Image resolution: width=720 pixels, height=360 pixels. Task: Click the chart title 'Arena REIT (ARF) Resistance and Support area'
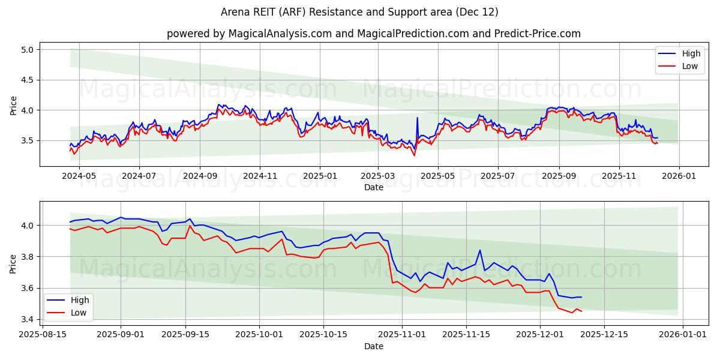(359, 12)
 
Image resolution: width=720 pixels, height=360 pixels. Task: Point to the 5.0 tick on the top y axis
(28, 49)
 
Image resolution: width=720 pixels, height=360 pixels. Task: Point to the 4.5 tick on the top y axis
(28, 80)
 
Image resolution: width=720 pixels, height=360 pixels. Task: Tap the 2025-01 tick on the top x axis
(319, 176)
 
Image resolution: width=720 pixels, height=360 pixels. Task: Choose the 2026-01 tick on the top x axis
(679, 176)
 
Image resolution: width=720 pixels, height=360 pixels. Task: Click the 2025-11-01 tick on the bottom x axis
(402, 333)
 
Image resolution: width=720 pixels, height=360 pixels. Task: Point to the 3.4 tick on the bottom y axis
(28, 319)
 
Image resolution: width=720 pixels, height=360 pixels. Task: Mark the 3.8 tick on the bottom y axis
(28, 257)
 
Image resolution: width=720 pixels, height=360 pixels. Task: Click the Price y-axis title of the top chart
(13, 105)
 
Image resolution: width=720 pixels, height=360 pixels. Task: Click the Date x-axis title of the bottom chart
(373, 346)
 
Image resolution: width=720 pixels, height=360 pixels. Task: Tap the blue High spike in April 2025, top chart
(417, 118)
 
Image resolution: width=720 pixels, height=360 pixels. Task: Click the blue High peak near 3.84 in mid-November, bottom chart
(480, 250)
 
